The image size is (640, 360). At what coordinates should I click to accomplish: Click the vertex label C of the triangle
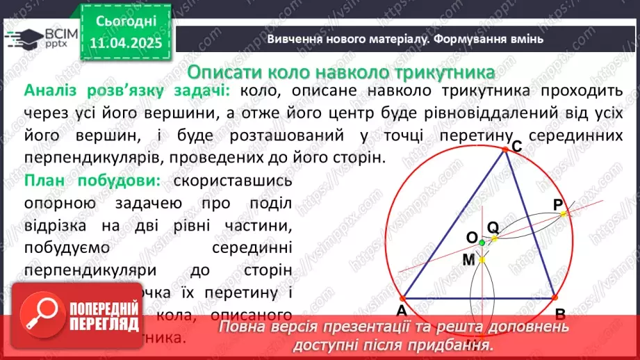[516, 145]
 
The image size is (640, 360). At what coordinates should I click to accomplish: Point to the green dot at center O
[482, 242]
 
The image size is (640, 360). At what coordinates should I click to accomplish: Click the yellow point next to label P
[564, 213]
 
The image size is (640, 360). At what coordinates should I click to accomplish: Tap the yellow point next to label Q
[495, 238]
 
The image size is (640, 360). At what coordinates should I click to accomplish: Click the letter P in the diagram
[558, 204]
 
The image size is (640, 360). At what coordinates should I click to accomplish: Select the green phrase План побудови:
[92, 181]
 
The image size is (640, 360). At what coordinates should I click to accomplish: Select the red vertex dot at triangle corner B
[555, 297]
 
